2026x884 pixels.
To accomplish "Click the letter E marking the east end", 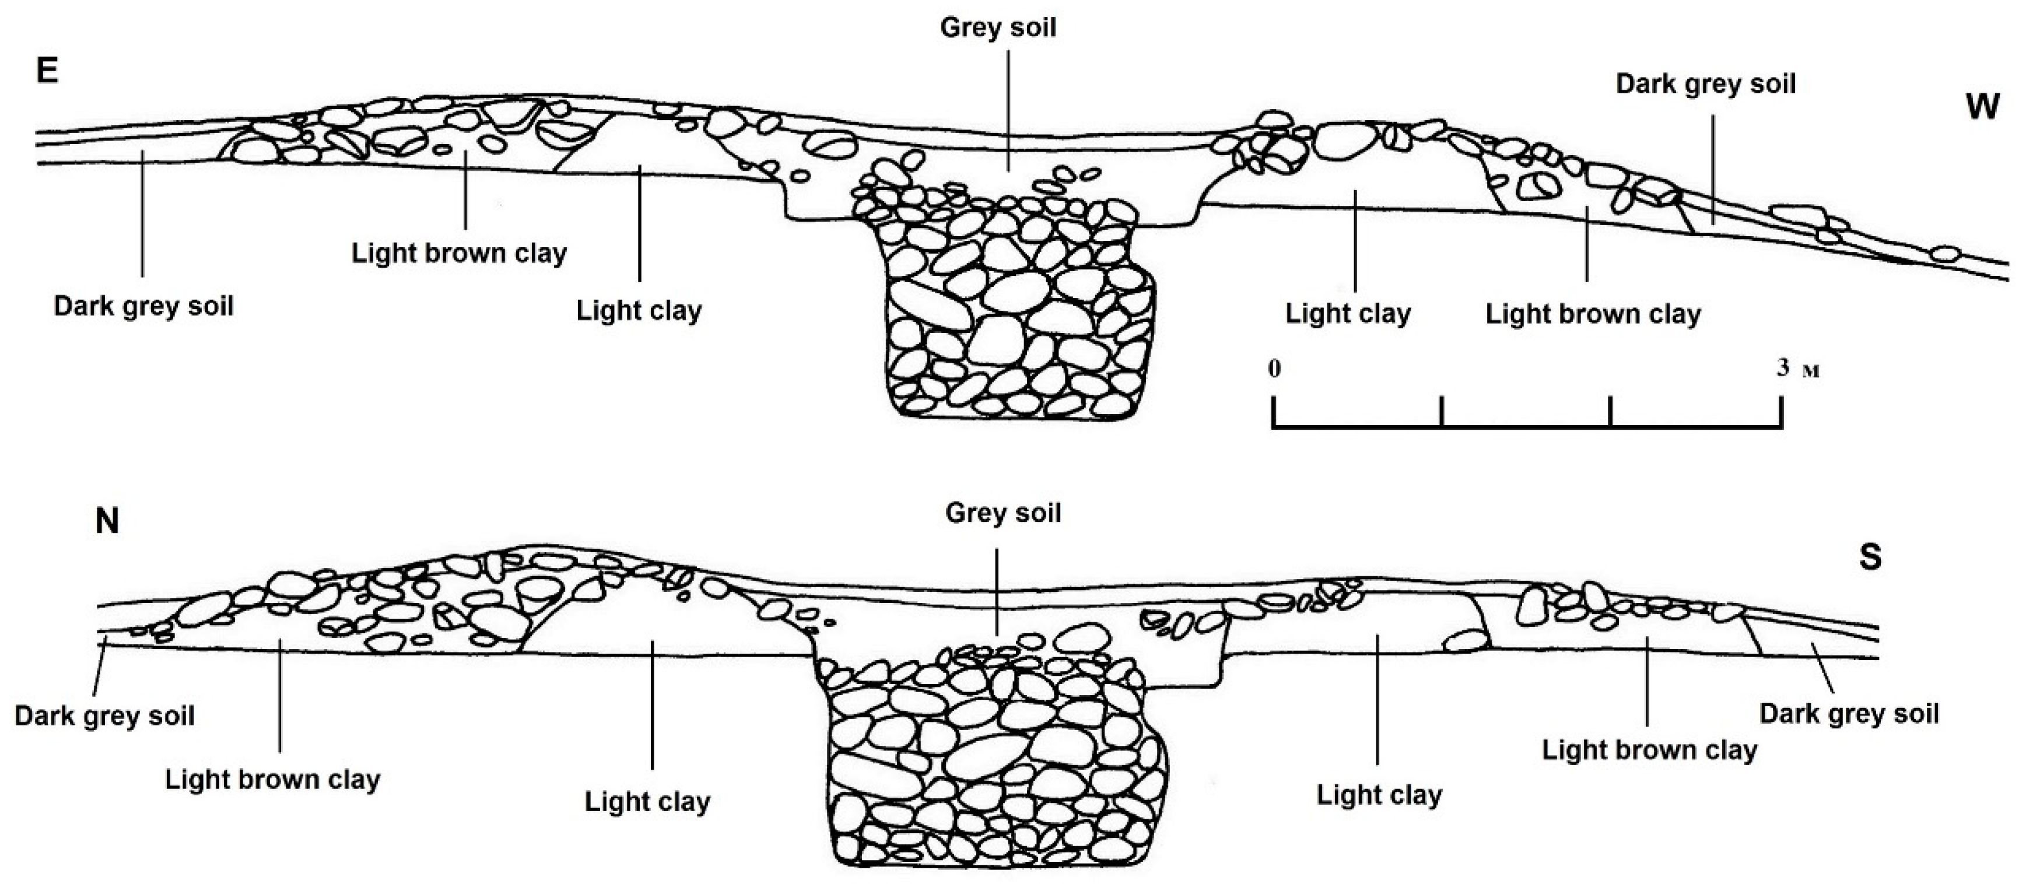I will click(x=47, y=72).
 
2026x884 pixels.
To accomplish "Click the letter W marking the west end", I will click(x=1981, y=106).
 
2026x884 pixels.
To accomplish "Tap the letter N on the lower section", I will click(x=107, y=521).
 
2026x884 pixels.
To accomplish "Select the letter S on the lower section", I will click(x=1870, y=557).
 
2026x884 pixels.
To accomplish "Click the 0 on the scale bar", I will click(x=1274, y=367).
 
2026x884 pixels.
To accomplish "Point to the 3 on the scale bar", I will click(x=1783, y=367).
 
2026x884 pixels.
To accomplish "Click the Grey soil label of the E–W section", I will click(x=997, y=29).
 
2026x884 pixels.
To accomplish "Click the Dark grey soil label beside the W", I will click(x=1705, y=84).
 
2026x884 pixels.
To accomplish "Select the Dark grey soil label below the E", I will click(x=143, y=306).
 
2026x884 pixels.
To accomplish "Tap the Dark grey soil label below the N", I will click(x=104, y=715).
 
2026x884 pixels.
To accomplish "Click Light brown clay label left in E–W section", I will click(x=458, y=253).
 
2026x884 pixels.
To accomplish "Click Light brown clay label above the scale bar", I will click(x=1593, y=314).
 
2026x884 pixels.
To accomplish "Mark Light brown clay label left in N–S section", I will click(x=272, y=780).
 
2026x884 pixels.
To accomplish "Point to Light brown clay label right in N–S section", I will click(x=1649, y=749).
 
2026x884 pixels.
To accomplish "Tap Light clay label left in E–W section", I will click(x=639, y=311).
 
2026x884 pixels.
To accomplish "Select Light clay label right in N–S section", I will click(x=1379, y=795).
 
